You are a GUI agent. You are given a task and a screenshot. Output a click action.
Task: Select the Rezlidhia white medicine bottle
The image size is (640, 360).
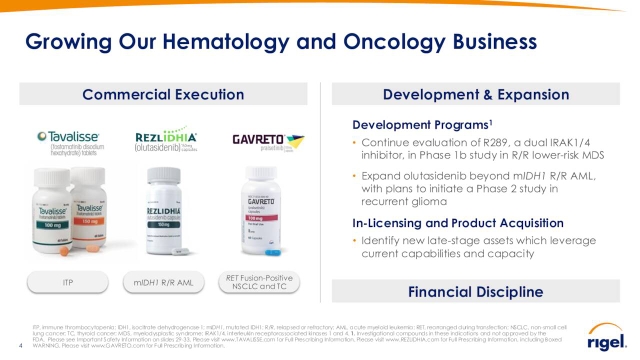point(165,215)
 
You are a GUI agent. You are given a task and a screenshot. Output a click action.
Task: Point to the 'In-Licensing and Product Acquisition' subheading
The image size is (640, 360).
point(444,222)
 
